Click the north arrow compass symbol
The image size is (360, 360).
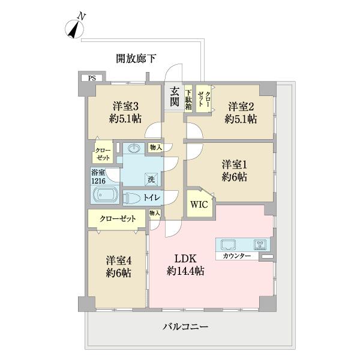click(74, 29)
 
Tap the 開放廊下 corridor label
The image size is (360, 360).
click(136, 59)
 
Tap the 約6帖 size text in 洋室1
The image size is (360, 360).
click(234, 177)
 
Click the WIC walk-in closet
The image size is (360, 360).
click(199, 204)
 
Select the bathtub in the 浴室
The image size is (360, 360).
click(106, 196)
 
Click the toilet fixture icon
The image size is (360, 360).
click(133, 197)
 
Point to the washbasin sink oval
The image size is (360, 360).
click(135, 149)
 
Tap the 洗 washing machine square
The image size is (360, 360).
click(151, 178)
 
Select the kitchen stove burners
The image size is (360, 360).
click(260, 244)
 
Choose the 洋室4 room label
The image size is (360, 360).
click(119, 261)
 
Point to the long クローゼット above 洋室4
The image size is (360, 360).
click(118, 218)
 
